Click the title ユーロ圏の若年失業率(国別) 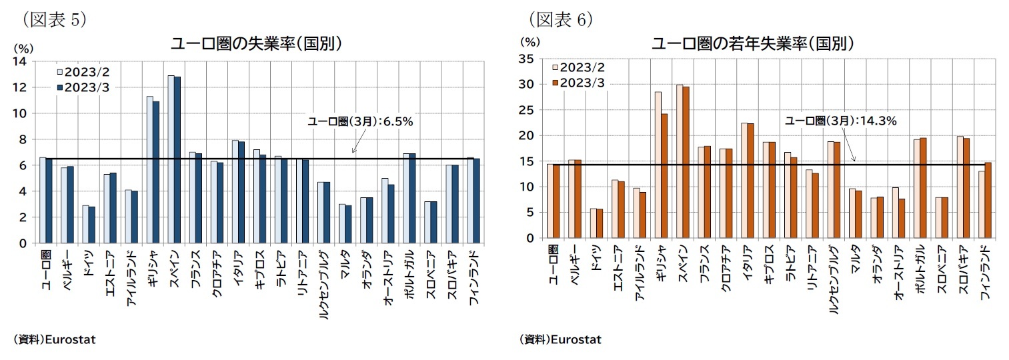tap(753, 44)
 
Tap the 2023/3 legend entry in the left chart tap(84, 88)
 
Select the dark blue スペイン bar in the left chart tap(177, 160)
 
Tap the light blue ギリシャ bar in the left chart tap(150, 170)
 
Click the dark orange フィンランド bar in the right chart tap(988, 200)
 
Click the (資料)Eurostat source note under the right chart tap(560, 339)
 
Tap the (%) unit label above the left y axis tap(23, 48)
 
